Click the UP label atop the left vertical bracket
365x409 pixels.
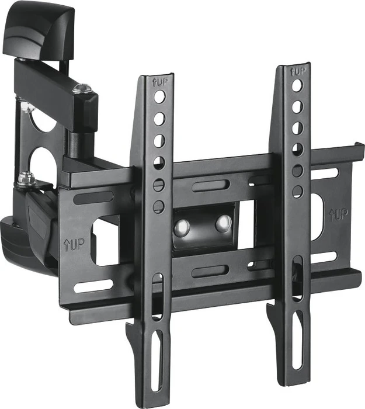pos(159,83)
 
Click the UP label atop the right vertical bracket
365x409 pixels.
pos(298,71)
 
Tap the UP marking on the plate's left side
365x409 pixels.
pos(74,245)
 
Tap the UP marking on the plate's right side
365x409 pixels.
pos(338,215)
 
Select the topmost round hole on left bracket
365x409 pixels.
pos(159,97)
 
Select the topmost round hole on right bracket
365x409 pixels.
pos(297,85)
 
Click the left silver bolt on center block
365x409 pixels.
pos(182,226)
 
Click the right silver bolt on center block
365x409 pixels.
pos(224,223)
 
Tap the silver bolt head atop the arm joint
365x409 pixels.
pos(82,88)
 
